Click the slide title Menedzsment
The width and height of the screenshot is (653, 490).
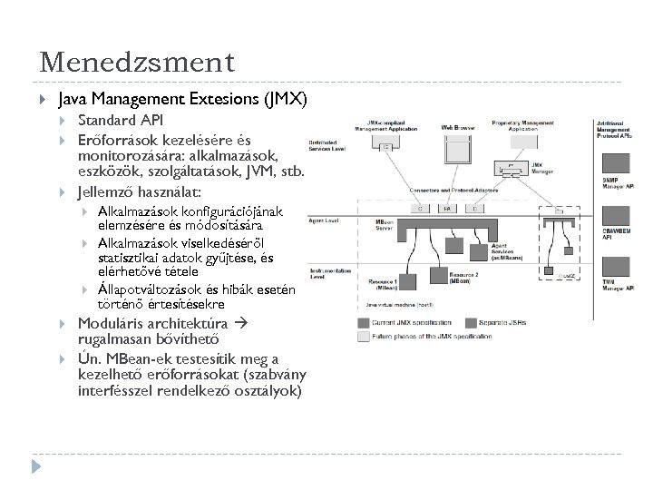click(137, 63)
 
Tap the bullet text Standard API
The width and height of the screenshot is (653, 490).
click(122, 120)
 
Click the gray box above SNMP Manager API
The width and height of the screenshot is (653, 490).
click(616, 163)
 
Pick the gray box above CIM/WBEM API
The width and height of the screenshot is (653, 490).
click(616, 219)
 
